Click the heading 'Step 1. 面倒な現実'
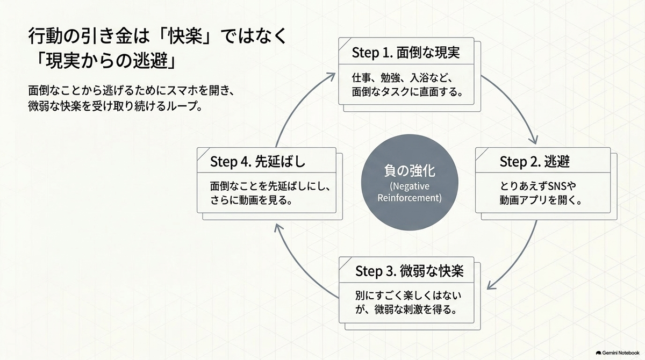(x=406, y=53)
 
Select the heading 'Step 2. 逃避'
(x=534, y=161)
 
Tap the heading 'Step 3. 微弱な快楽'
(x=409, y=271)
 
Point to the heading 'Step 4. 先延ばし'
(x=257, y=161)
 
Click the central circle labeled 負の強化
(x=410, y=183)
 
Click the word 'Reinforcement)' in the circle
(x=410, y=198)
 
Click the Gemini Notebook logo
(x=618, y=353)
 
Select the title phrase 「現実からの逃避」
(x=105, y=61)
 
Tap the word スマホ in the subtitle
(x=183, y=91)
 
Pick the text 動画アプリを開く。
(x=541, y=200)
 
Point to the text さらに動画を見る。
(x=252, y=200)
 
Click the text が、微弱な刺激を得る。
(x=406, y=309)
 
